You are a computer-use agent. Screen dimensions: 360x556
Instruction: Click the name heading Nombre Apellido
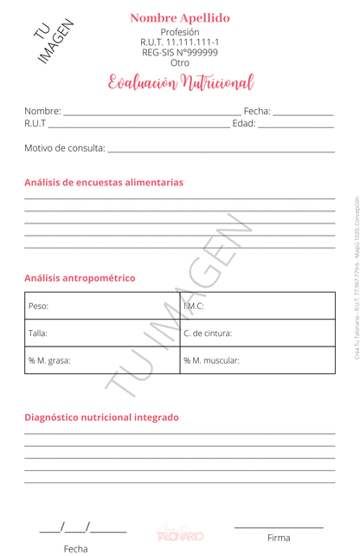click(180, 18)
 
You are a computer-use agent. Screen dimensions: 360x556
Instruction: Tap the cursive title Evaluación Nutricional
click(180, 83)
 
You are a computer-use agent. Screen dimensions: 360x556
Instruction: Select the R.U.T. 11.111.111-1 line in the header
click(180, 42)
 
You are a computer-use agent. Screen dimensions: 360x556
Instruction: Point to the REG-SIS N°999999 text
click(180, 53)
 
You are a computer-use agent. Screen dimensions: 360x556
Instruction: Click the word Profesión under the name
click(180, 32)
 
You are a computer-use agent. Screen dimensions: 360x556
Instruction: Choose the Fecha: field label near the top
click(257, 111)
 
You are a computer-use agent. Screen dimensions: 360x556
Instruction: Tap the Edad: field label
click(245, 124)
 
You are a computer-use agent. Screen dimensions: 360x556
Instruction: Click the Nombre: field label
click(42, 111)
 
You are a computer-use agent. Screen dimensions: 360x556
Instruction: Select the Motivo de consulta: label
click(64, 148)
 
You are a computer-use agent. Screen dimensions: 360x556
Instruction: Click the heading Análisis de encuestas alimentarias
click(104, 183)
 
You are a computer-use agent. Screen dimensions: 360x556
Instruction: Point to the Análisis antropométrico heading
click(80, 278)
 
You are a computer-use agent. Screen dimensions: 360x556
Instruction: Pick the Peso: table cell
click(38, 307)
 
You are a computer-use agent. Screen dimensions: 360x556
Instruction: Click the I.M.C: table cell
click(193, 306)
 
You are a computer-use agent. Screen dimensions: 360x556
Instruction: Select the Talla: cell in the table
click(38, 333)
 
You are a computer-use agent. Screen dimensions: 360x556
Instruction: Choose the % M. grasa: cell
click(48, 359)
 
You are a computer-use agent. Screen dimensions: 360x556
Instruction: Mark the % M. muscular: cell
click(211, 359)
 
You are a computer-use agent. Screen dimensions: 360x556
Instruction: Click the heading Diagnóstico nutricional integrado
click(101, 417)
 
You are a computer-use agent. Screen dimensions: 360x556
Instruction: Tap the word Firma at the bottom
click(279, 538)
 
